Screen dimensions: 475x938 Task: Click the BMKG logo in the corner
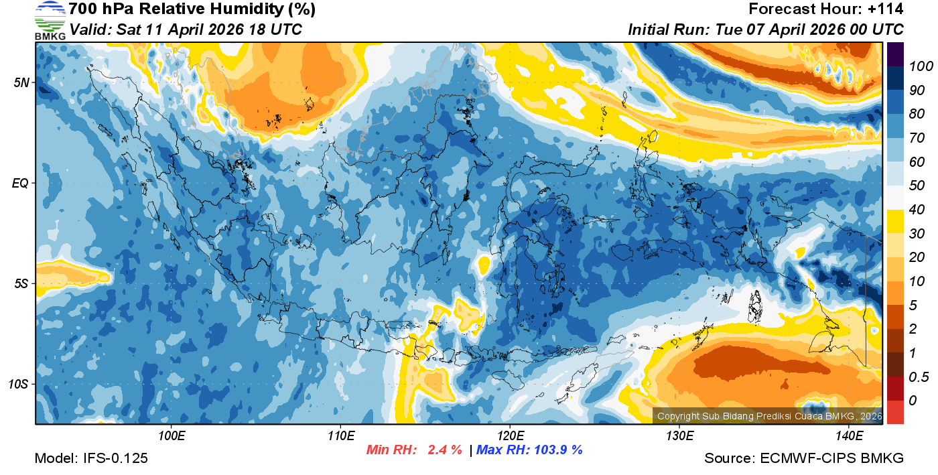click(50, 21)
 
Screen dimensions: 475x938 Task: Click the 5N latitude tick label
click(21, 83)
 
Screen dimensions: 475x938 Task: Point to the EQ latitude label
click(21, 183)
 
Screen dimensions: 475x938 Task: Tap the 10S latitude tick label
click(19, 385)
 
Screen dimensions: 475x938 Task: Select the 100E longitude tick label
click(172, 436)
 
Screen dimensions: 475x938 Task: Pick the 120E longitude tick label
click(510, 436)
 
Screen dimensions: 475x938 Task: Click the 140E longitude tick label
click(849, 436)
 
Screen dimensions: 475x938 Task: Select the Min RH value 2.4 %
click(445, 450)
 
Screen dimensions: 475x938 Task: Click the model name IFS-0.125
click(115, 458)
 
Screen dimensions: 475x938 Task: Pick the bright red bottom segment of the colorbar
click(896, 412)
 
